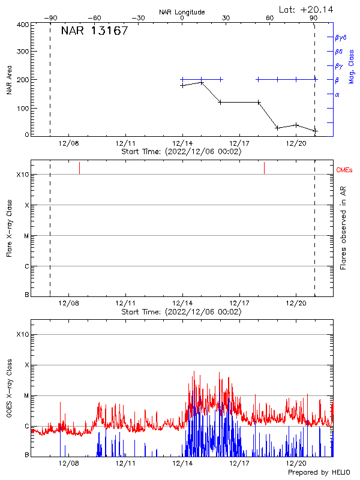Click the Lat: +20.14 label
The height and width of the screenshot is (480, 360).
coord(307,9)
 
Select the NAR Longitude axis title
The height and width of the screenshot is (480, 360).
coord(182,12)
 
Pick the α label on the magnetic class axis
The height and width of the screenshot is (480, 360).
coord(337,94)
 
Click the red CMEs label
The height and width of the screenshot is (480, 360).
coord(345,170)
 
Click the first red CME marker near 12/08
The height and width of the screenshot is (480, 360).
coord(79,168)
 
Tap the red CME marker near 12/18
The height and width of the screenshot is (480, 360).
coord(264,168)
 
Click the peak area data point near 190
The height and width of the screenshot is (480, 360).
coord(202,82)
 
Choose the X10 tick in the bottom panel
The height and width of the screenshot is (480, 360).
coord(23,334)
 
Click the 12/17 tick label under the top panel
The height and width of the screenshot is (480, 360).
coord(239,143)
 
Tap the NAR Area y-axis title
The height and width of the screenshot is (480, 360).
coord(10,80)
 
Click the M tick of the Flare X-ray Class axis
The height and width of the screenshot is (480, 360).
coord(26,236)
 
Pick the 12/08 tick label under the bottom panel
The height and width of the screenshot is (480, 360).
coord(68,463)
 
